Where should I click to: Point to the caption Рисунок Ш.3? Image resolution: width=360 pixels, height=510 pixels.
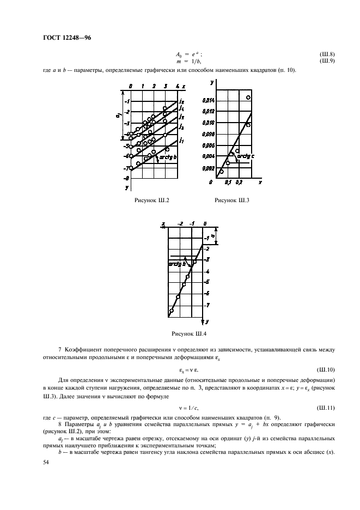(x=232, y=201)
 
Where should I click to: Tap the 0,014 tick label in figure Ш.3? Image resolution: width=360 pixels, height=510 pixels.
(x=209, y=100)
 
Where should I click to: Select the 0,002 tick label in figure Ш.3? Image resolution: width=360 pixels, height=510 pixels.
(x=209, y=168)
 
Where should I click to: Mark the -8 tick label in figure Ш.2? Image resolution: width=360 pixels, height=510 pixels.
(x=126, y=178)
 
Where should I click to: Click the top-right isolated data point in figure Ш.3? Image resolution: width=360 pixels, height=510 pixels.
(x=248, y=98)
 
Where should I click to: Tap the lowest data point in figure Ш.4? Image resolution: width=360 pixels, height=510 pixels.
(x=172, y=311)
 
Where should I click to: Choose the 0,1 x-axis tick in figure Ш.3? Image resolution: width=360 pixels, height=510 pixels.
(x=228, y=181)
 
